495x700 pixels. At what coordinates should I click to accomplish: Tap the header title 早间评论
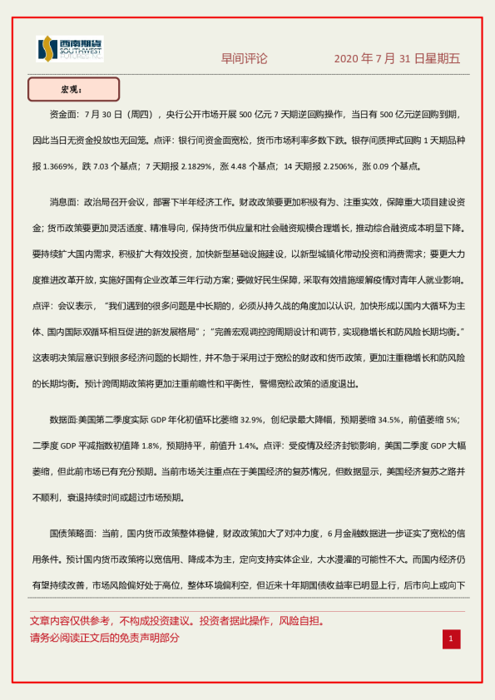[245, 58]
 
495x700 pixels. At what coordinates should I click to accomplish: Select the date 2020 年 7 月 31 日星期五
[397, 58]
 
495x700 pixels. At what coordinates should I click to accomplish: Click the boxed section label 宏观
[73, 89]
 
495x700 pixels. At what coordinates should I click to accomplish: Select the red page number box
[450, 638]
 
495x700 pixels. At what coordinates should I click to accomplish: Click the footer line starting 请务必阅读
[105, 638]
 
